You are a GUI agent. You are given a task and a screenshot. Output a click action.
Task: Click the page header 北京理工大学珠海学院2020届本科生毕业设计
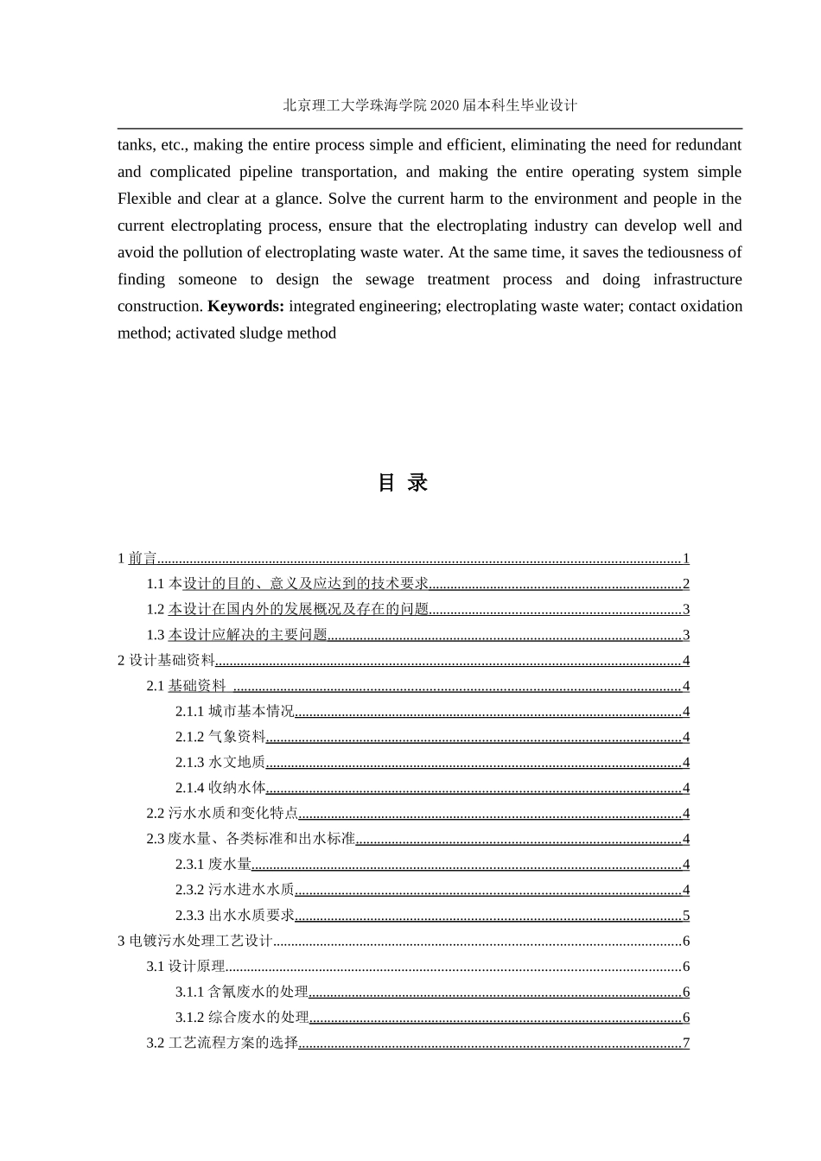point(430,105)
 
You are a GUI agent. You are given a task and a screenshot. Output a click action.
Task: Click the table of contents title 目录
point(403,483)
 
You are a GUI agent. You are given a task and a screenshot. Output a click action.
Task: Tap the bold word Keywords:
point(245,307)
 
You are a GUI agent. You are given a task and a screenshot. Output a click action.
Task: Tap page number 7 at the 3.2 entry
point(686,1043)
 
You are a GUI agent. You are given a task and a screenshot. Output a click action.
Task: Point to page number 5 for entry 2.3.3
point(686,916)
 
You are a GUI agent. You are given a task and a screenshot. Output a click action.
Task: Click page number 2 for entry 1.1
point(686,584)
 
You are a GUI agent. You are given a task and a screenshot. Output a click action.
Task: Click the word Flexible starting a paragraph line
point(144,199)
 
